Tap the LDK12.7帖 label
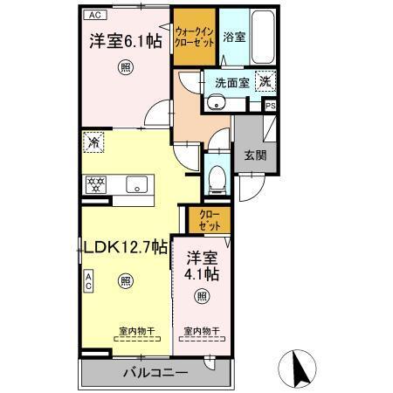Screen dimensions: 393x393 click(125, 247)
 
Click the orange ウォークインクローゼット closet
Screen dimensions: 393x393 click(194, 36)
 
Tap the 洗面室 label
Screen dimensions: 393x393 click(231, 81)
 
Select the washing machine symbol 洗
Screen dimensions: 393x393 click(264, 81)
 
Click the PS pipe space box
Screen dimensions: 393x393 click(270, 107)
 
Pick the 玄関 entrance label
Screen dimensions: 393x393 click(254, 155)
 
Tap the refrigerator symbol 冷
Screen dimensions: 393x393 click(93, 140)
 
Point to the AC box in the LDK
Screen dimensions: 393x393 click(88, 280)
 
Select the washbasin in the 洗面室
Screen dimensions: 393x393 click(216, 104)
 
